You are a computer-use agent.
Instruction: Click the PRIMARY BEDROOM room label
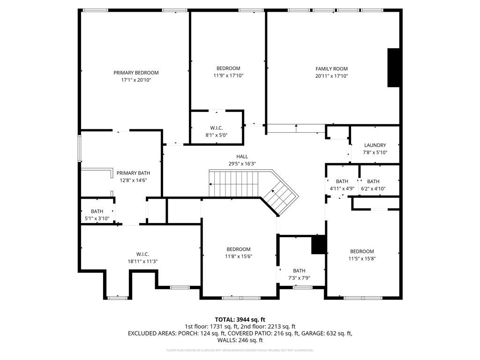(x=136, y=73)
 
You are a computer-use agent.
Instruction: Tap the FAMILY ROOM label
(x=331, y=68)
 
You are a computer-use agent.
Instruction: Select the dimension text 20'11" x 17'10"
(x=331, y=76)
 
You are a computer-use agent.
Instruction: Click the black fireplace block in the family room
(x=393, y=67)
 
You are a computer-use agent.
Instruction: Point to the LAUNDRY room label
(x=375, y=145)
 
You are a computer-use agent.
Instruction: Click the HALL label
(x=242, y=157)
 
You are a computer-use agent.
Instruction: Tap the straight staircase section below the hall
(x=233, y=184)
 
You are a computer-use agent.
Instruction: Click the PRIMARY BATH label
(x=133, y=173)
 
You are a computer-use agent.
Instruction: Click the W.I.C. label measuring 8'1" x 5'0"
(x=216, y=128)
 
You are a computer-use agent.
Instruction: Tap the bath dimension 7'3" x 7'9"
(x=299, y=278)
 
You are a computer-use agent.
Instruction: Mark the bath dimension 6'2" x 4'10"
(x=373, y=189)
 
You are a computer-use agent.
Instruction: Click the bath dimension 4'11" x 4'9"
(x=342, y=189)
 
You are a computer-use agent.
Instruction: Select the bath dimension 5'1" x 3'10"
(x=97, y=218)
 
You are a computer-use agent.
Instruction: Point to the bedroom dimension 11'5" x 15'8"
(x=362, y=259)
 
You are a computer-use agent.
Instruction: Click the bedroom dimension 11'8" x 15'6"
(x=239, y=256)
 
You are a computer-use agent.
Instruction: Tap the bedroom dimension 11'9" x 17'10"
(x=228, y=75)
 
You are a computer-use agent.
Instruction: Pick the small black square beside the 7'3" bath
(x=319, y=245)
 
